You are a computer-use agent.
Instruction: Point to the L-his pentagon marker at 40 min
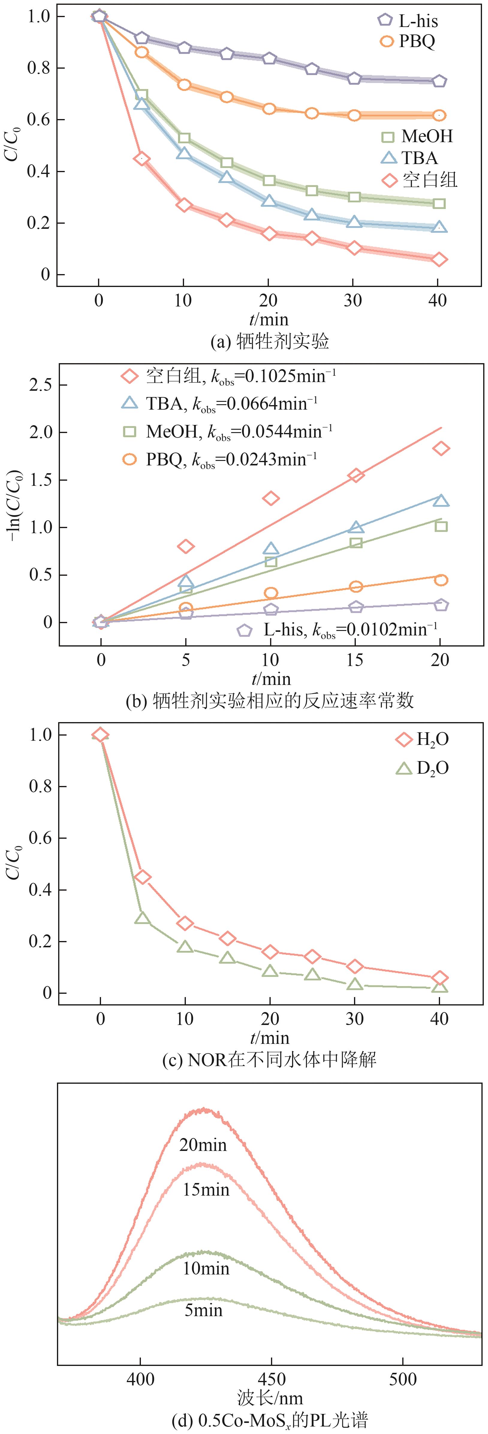(x=439, y=81)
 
